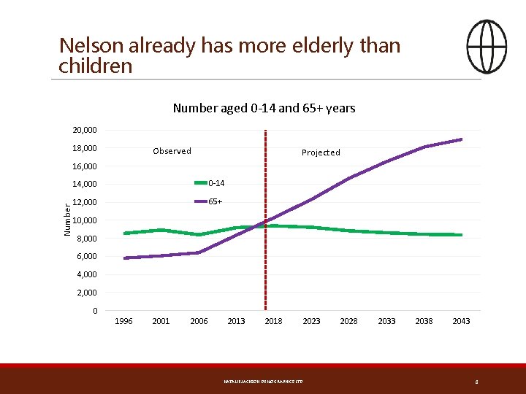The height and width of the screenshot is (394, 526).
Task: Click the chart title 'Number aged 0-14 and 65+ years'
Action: click(264, 109)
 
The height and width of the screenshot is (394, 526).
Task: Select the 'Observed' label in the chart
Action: click(172, 151)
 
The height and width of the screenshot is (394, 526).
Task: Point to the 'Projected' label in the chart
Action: click(321, 152)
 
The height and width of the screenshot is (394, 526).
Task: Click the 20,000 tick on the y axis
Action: click(85, 130)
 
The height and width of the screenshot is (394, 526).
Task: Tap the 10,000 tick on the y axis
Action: click(85, 220)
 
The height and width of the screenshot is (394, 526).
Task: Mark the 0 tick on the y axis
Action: click(95, 312)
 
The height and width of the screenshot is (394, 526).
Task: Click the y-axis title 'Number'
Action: click(67, 220)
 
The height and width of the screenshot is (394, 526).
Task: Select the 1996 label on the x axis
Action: click(124, 321)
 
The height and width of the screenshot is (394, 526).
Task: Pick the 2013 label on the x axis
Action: click(236, 321)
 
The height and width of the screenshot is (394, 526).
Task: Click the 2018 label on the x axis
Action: click(273, 321)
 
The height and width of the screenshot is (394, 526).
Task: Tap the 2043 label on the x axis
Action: click(461, 321)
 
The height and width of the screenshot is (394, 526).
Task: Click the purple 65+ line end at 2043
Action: click(461, 139)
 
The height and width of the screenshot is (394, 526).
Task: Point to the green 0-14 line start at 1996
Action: click(125, 233)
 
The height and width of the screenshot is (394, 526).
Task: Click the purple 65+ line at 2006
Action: click(199, 252)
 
